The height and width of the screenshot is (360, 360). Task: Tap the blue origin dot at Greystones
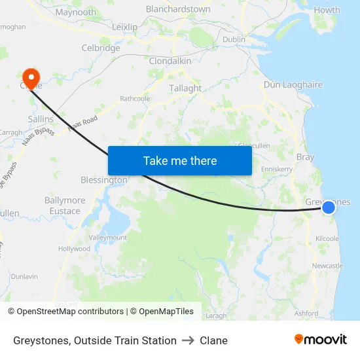click(x=329, y=207)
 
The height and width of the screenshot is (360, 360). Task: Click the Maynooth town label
click(x=76, y=12)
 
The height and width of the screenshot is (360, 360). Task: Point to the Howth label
click(x=327, y=10)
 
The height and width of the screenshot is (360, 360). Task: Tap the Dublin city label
click(x=234, y=39)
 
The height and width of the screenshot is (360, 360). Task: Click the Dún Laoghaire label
click(x=293, y=85)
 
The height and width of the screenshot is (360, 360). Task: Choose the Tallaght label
click(x=185, y=88)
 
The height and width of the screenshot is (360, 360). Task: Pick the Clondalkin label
click(x=170, y=61)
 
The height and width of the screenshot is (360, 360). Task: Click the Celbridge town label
click(x=101, y=48)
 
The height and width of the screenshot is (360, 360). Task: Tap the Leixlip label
click(x=125, y=27)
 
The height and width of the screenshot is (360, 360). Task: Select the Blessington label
click(x=103, y=179)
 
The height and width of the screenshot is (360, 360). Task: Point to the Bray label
click(x=305, y=157)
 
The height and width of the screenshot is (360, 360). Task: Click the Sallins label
click(x=41, y=119)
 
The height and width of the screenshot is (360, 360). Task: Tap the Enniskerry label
click(x=276, y=169)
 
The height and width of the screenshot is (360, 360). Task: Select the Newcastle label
click(x=327, y=266)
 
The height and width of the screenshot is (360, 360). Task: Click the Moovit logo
click(x=321, y=340)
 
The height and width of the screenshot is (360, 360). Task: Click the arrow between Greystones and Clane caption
click(x=188, y=340)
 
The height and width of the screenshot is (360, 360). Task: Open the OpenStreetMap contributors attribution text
click(x=70, y=312)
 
